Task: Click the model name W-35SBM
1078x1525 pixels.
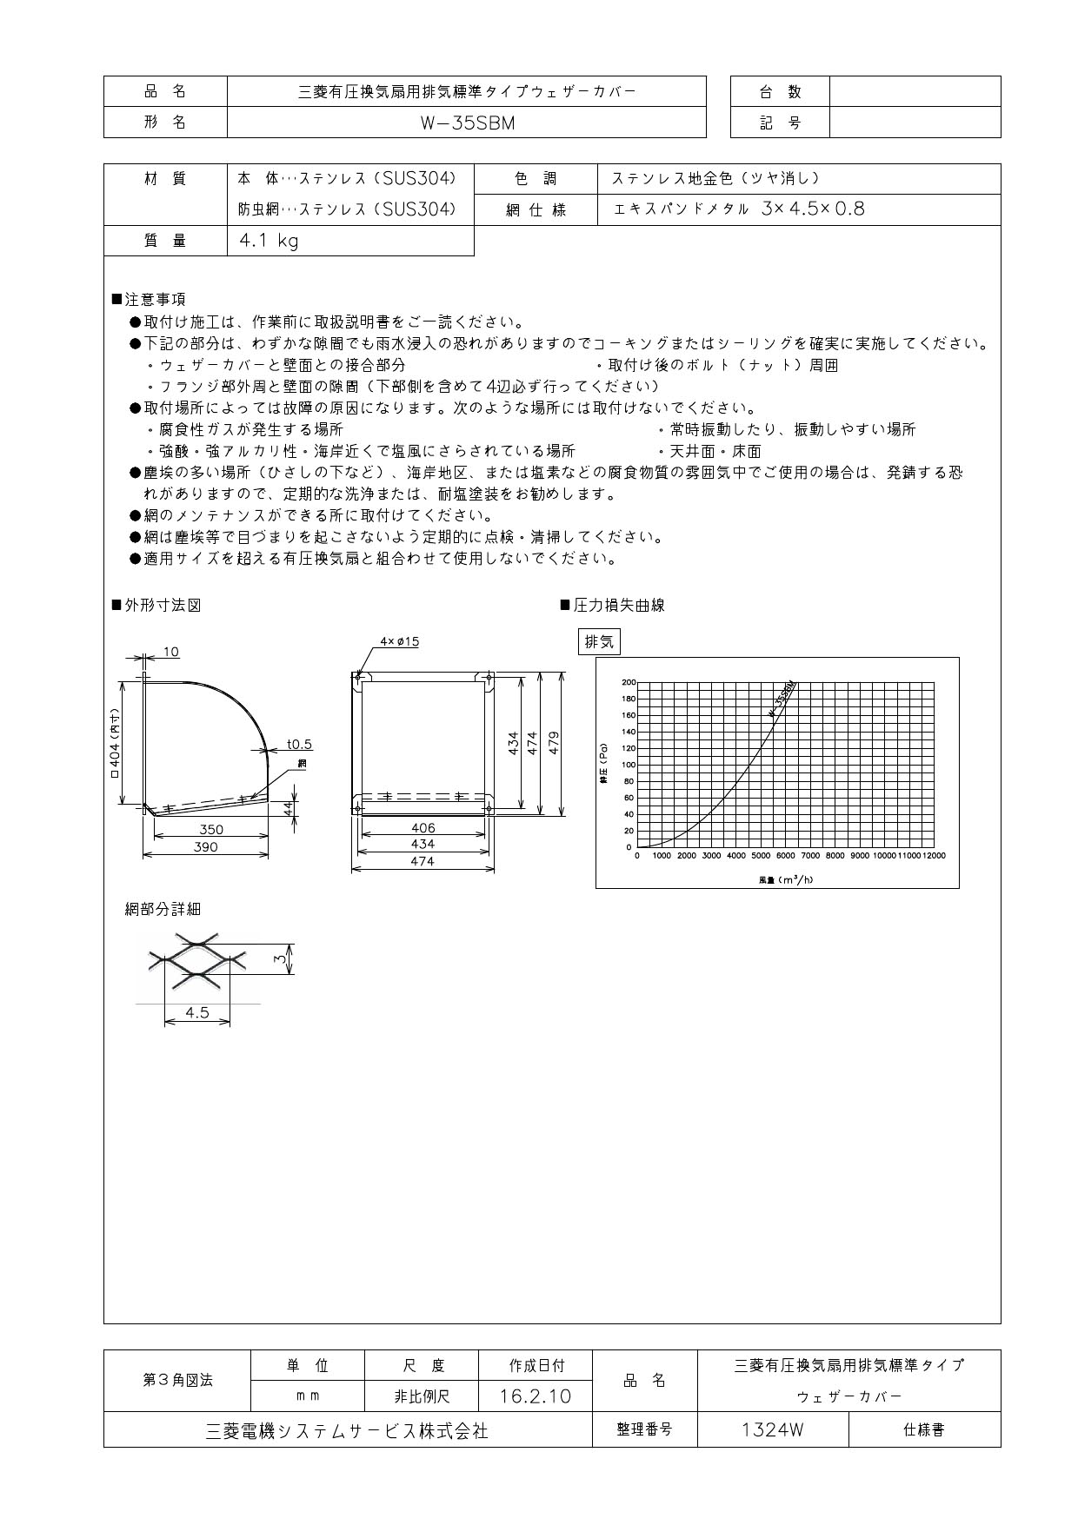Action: [467, 123]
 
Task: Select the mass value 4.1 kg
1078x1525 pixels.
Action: [269, 241]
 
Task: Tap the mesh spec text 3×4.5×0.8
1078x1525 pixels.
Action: [812, 209]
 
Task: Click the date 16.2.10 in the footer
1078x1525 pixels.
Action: [536, 1396]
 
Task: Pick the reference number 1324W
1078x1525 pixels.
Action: [772, 1429]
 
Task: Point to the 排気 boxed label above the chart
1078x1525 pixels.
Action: [599, 642]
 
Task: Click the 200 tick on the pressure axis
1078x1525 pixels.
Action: [629, 683]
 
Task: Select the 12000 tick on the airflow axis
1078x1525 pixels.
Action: [933, 856]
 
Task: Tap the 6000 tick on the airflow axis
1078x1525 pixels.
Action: [785, 856]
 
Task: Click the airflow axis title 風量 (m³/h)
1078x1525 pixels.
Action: [786, 879]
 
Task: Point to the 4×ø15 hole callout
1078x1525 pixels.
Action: [399, 641]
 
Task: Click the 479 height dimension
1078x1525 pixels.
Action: [554, 742]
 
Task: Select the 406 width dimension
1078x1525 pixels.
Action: [423, 828]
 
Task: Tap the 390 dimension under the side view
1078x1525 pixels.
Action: [205, 846]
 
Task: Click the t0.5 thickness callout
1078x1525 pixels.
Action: [299, 745]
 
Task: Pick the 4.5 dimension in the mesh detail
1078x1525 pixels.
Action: [197, 1012]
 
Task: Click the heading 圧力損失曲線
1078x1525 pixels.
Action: [619, 606]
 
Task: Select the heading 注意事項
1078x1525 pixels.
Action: [155, 300]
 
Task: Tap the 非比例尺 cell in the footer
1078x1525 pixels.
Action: [421, 1396]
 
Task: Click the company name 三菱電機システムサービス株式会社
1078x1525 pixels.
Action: [347, 1430]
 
